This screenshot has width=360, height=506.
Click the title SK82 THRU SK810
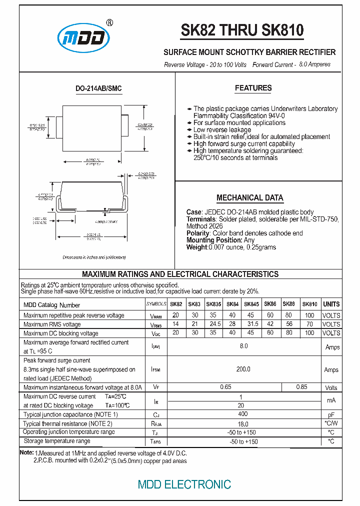242,31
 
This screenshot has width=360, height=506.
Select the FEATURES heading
253,88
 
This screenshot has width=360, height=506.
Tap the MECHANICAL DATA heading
249,197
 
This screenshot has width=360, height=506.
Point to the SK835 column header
213,304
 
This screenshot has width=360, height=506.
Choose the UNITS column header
331,304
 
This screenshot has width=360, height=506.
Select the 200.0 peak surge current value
243,369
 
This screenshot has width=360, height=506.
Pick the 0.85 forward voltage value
301,387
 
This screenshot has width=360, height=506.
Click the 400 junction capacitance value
243,414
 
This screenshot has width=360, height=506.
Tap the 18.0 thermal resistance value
243,423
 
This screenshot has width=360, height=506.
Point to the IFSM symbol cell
155,370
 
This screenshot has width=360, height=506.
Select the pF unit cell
331,415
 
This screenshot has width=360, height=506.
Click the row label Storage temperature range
57,441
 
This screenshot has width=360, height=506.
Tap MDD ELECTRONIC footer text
184,484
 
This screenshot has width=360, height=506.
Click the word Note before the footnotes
26,452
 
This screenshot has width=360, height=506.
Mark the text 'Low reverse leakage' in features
222,130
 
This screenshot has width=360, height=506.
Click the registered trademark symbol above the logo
110,22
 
